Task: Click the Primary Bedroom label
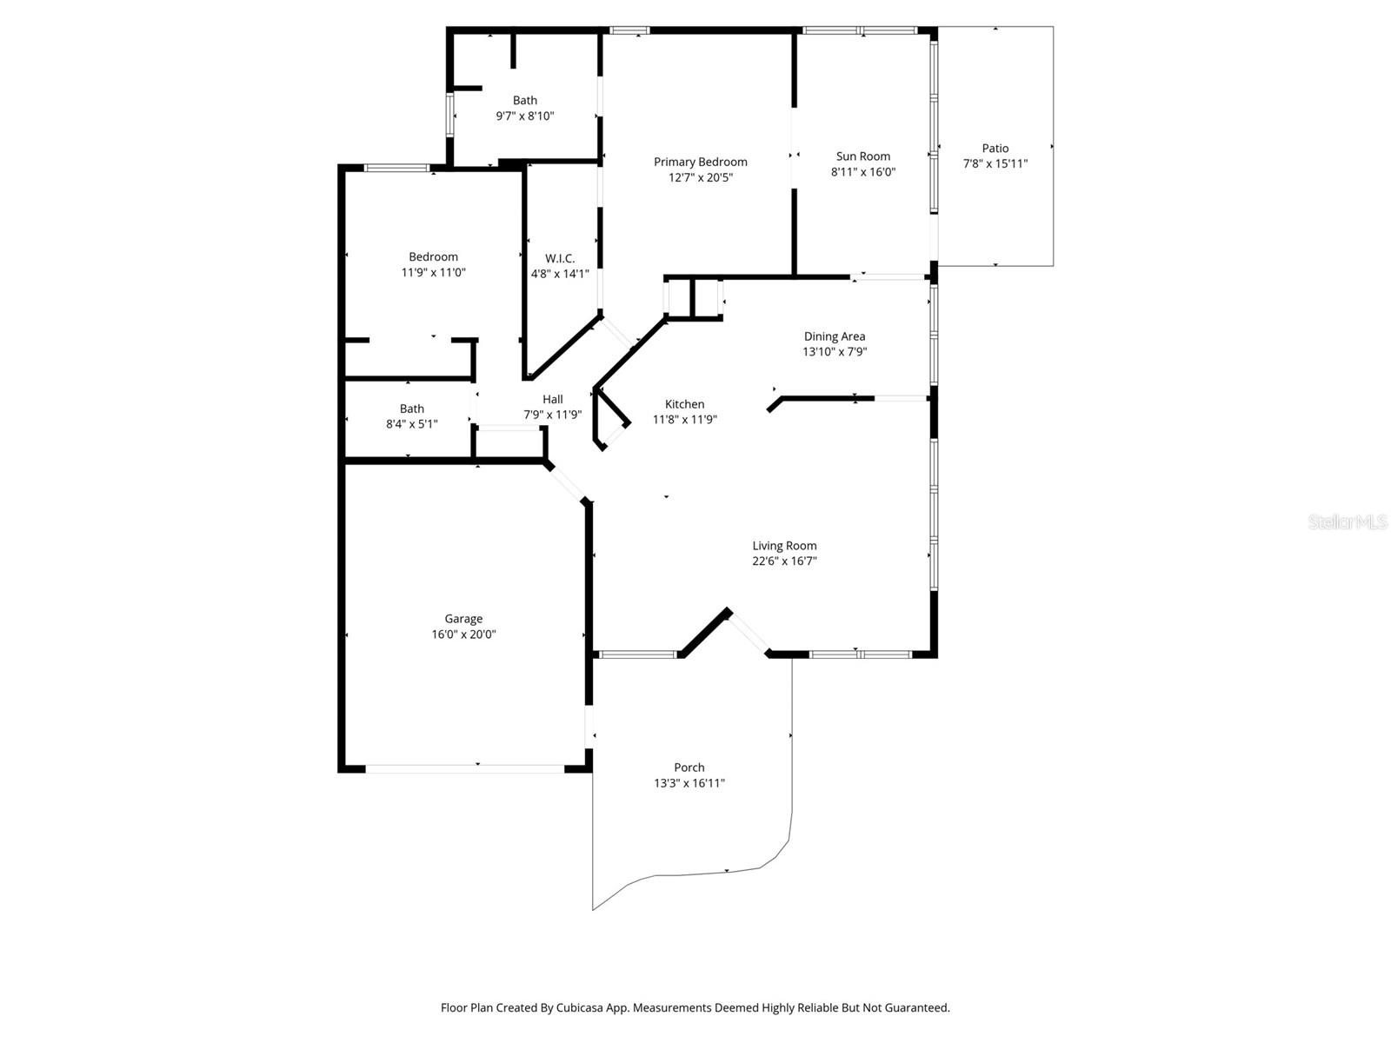pos(700,162)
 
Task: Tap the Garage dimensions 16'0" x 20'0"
pos(463,634)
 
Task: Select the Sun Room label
pos(862,156)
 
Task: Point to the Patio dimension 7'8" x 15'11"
pos(995,163)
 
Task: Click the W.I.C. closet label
pos(560,258)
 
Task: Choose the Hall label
pos(552,399)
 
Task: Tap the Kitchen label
pos(684,404)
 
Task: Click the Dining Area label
pos(834,336)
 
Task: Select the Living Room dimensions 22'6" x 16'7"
pos(784,561)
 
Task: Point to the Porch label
pos(689,767)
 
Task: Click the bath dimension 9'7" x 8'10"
pos(524,116)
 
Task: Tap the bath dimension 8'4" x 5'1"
pos(411,424)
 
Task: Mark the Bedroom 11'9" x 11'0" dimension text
pos(433,272)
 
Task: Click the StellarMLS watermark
pos(1348,522)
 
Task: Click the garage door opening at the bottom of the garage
pos(465,768)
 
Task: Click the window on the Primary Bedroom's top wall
pos(629,30)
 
